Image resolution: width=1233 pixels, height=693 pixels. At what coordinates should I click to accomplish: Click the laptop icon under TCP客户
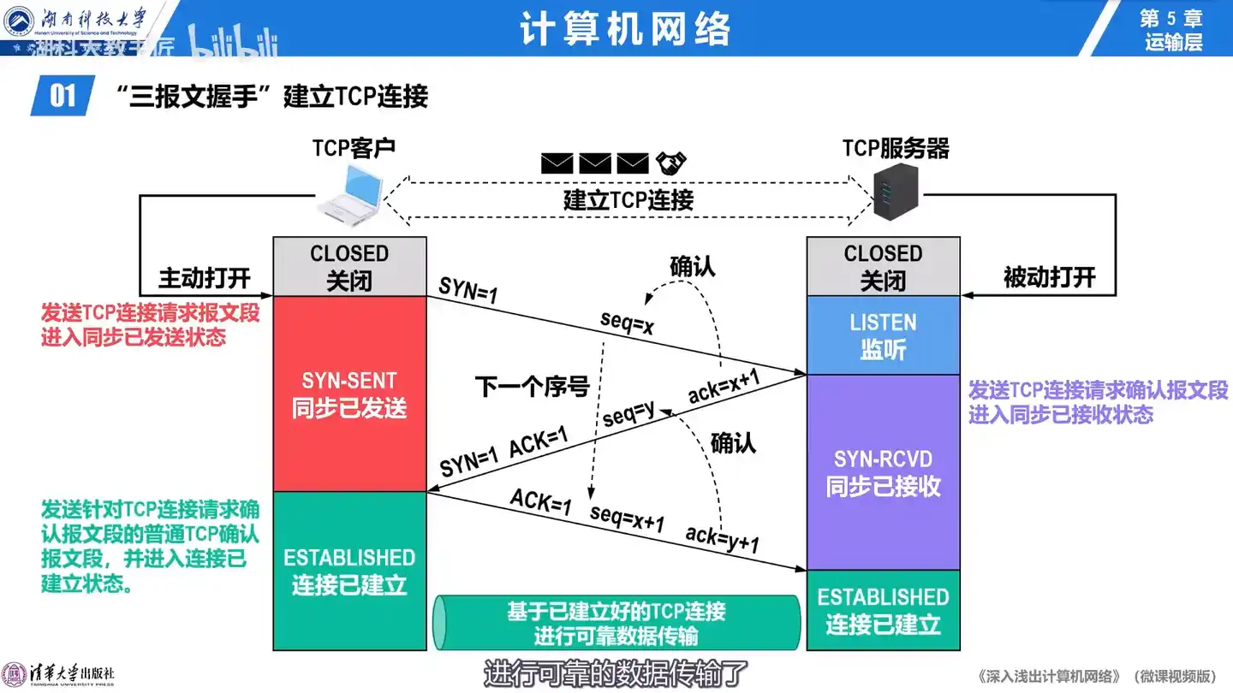coord(350,192)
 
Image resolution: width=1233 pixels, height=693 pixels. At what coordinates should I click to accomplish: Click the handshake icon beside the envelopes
coord(672,163)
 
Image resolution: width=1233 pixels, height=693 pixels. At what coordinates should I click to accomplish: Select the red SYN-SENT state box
coord(349,394)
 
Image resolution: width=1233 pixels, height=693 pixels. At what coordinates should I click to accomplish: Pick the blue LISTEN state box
coord(883,335)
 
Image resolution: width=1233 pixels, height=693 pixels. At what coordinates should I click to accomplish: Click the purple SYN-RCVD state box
coord(883,472)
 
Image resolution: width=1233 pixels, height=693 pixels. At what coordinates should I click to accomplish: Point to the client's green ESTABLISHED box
coord(349,571)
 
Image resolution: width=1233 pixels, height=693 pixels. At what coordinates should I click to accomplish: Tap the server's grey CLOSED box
coord(883,266)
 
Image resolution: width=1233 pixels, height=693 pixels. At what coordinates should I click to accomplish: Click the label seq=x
coord(628,323)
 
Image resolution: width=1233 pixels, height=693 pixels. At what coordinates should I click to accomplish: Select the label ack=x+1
coord(724,388)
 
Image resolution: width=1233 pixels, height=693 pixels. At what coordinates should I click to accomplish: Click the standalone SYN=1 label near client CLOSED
coord(468,291)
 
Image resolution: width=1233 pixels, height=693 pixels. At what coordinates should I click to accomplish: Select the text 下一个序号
coord(533,388)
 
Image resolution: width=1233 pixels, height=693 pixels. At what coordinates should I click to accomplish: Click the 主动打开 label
coord(205,278)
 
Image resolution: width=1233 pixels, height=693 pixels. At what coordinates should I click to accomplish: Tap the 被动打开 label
coord(1049,277)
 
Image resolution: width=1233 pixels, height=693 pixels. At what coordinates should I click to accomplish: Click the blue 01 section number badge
coord(63,95)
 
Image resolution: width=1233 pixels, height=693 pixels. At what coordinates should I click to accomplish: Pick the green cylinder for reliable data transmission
coord(616,623)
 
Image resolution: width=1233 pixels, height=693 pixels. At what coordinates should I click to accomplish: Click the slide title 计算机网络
coord(625,29)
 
